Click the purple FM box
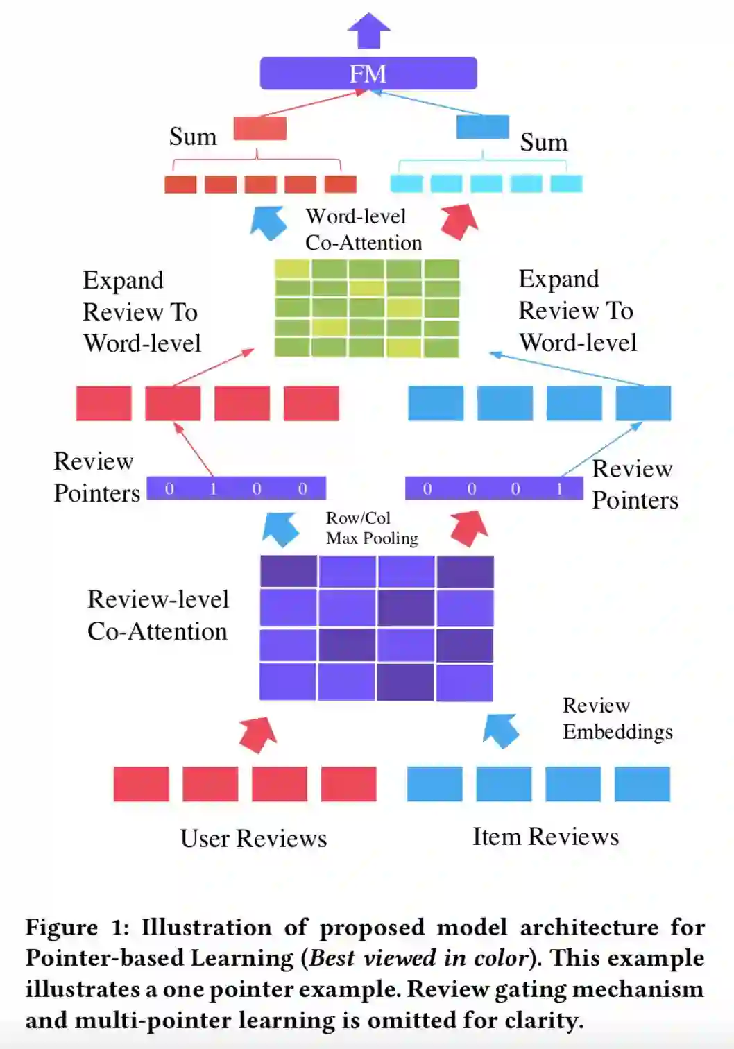point(368,74)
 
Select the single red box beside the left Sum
point(259,128)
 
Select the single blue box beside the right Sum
point(482,128)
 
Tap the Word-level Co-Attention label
point(364,230)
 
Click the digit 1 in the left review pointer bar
point(213,489)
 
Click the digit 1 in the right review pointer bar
point(559,489)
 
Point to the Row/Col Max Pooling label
point(372,528)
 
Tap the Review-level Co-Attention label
point(157,615)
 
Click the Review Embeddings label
point(617,719)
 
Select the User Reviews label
point(253,839)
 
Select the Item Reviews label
point(545,837)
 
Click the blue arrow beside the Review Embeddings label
point(501,731)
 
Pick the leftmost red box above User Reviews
point(141,784)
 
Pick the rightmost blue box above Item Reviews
point(642,784)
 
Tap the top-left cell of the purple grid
point(289,572)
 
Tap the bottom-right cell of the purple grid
point(465,682)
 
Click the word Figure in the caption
point(62,928)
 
